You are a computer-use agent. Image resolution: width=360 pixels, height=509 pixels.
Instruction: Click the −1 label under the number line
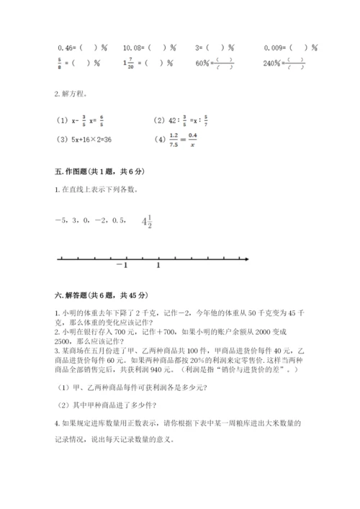[x=121, y=265]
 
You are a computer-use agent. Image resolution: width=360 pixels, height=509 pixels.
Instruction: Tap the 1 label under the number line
[x=158, y=265]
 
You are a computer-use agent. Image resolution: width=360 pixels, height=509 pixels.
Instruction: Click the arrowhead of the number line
[x=246, y=257]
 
